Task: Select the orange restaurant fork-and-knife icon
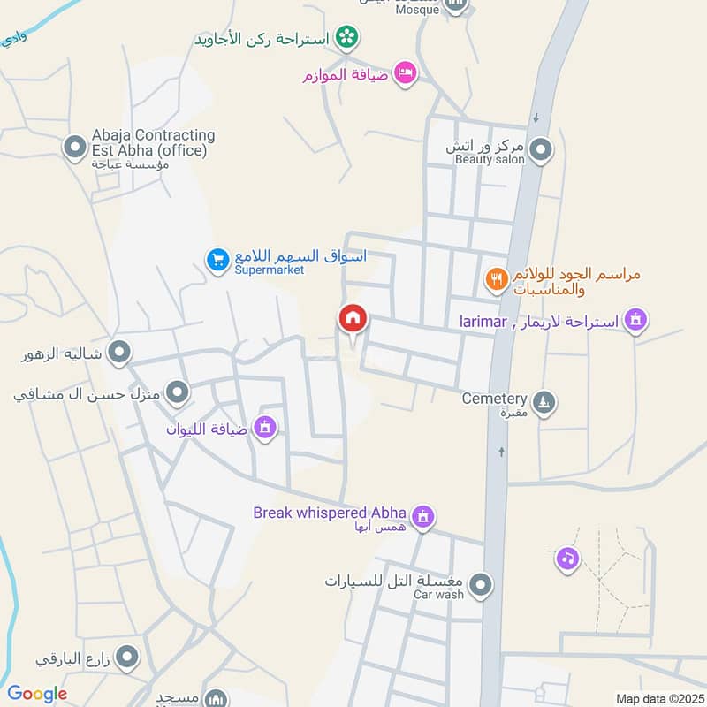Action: click(x=497, y=280)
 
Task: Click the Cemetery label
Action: click(x=494, y=399)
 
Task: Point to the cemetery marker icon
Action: click(x=545, y=402)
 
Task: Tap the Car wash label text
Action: click(x=438, y=595)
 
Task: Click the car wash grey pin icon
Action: click(x=480, y=584)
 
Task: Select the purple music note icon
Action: click(x=567, y=559)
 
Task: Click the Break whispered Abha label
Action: click(x=329, y=513)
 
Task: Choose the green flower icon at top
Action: click(x=349, y=38)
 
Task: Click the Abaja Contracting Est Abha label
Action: click(x=153, y=142)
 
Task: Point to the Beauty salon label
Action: click(x=490, y=160)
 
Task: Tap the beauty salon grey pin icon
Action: click(x=541, y=149)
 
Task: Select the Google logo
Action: click(x=37, y=694)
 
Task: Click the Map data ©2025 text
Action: click(x=658, y=698)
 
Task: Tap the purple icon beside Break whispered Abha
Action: click(x=423, y=516)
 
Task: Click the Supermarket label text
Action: click(x=269, y=270)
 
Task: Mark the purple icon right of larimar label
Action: click(x=634, y=320)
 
